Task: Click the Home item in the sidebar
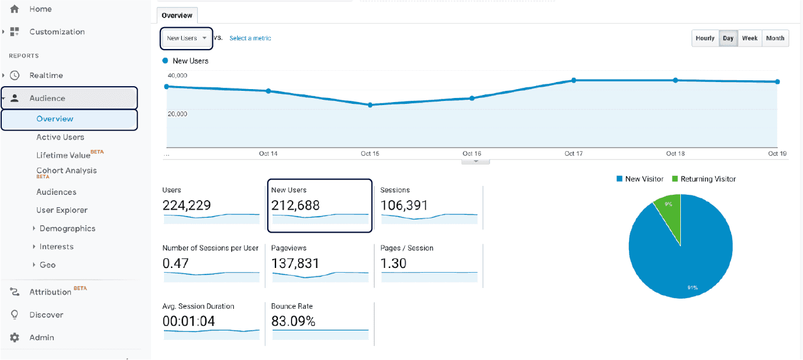coord(40,9)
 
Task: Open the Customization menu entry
coord(57,32)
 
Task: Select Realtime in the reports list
coord(46,76)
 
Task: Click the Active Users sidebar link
coord(60,138)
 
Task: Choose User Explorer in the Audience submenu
coord(62,210)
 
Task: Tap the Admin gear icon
coord(15,338)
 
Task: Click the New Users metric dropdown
coord(186,38)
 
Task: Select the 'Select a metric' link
coord(250,38)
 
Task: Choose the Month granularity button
coord(775,38)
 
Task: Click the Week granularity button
coord(749,38)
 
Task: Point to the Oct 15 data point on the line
coord(370,105)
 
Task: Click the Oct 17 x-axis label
coord(573,153)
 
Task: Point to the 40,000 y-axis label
coord(178,76)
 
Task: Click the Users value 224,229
coord(186,205)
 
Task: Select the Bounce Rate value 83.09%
coord(293,322)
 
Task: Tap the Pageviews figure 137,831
coord(295,264)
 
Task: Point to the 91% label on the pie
coord(692,287)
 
